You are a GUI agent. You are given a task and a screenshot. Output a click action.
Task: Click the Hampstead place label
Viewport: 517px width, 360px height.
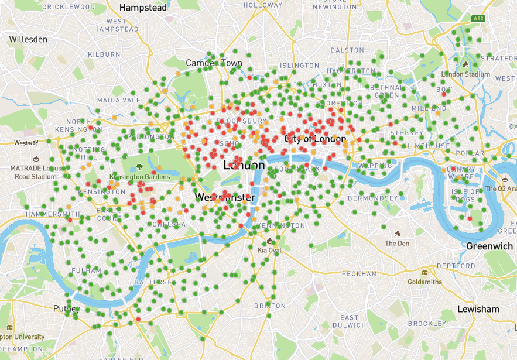tap(143, 8)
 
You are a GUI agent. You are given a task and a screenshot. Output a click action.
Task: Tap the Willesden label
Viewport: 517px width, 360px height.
tap(28, 39)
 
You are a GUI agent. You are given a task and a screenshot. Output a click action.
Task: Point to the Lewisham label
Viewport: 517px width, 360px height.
tap(478, 308)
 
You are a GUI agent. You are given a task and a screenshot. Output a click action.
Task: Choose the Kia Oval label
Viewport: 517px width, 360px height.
tap(269, 250)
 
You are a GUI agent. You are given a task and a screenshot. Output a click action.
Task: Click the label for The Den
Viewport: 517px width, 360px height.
tap(397, 243)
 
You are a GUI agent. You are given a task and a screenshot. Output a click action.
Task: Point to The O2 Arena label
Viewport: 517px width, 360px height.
tap(501, 188)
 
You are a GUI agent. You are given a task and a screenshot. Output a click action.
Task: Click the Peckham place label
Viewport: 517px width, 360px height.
tap(359, 274)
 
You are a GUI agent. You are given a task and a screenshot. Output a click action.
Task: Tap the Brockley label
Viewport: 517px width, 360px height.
tap(427, 324)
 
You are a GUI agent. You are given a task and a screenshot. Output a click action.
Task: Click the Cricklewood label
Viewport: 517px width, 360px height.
tap(69, 7)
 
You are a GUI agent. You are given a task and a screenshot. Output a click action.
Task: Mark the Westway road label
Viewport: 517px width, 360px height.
tap(26, 142)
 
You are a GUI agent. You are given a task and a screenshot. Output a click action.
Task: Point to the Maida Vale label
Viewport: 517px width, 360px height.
tap(119, 100)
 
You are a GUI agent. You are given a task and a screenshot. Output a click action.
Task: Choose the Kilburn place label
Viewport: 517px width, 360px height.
tap(104, 54)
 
